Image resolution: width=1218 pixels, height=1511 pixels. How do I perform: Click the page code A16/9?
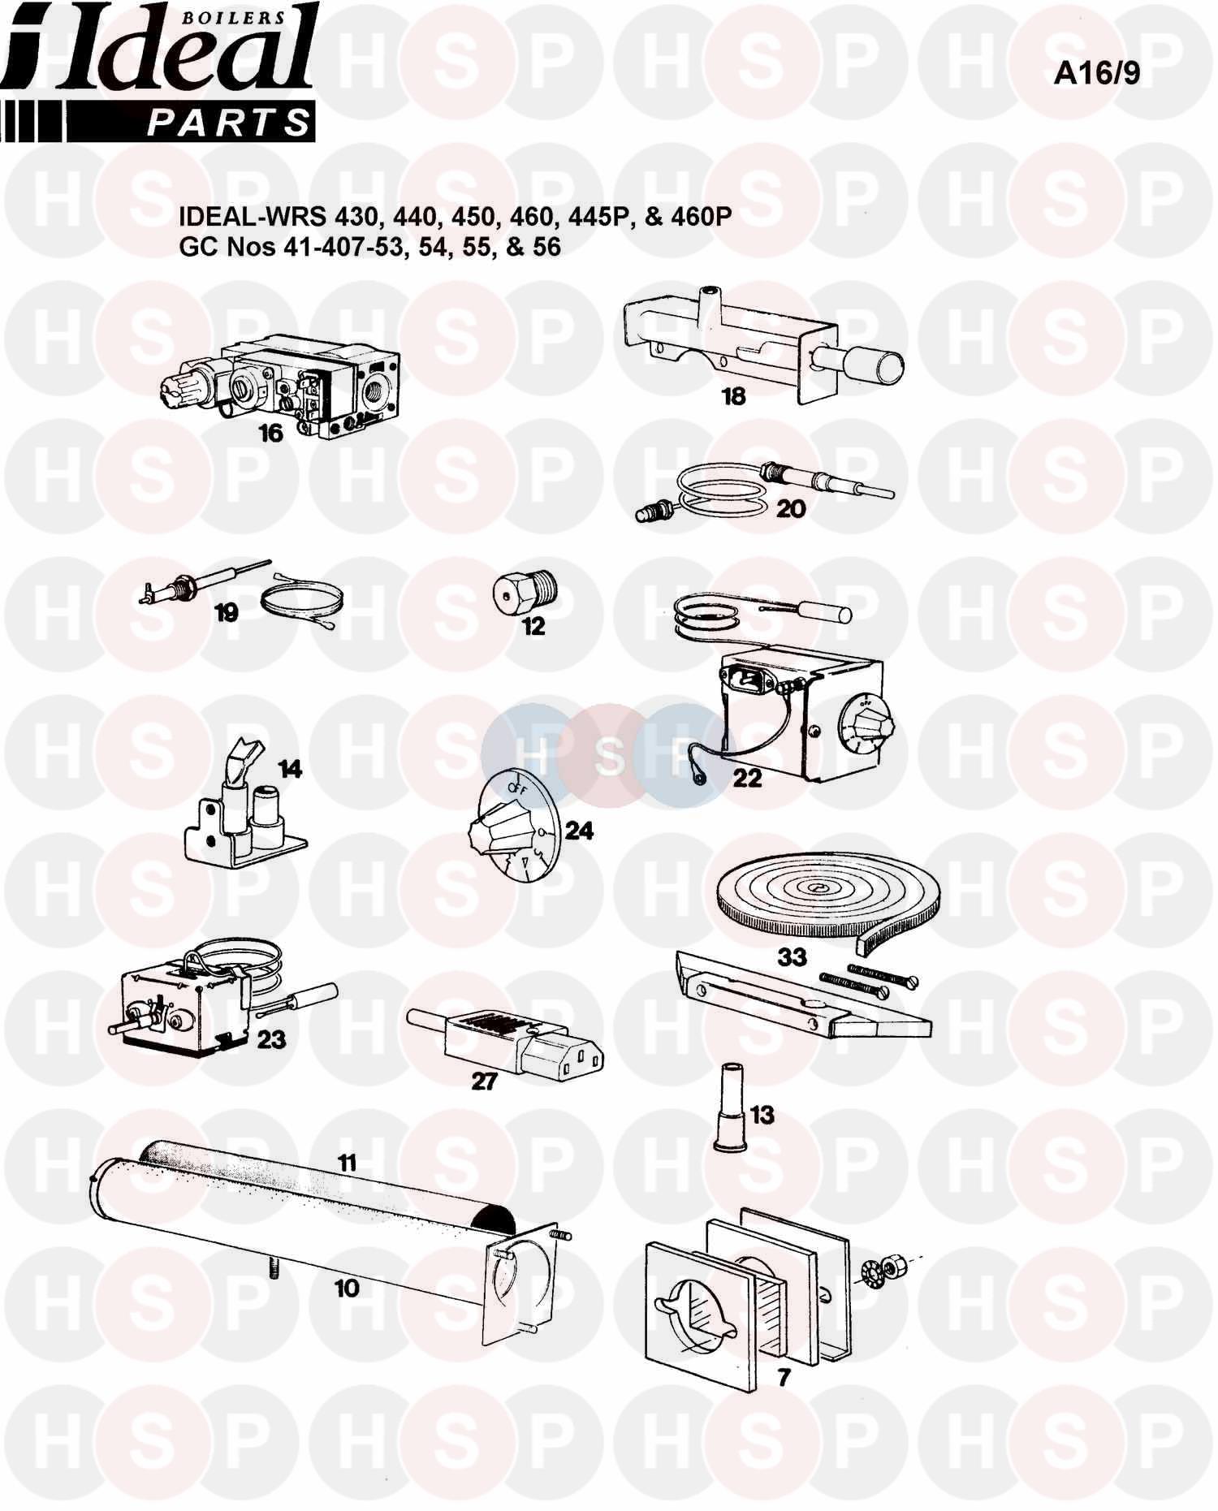1096,73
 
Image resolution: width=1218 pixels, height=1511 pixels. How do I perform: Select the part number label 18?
733,396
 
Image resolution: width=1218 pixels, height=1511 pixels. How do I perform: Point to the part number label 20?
791,509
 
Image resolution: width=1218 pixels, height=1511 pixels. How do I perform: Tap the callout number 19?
226,614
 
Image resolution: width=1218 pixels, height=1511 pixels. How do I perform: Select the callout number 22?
747,778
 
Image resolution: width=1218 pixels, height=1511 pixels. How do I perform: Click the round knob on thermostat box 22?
864,720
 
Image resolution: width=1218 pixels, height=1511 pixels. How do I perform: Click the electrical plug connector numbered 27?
507,1038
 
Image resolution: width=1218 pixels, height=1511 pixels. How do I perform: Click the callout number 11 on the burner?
347,1163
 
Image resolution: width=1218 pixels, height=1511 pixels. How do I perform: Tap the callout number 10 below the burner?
346,1288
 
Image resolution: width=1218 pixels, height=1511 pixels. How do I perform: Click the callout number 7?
784,1377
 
